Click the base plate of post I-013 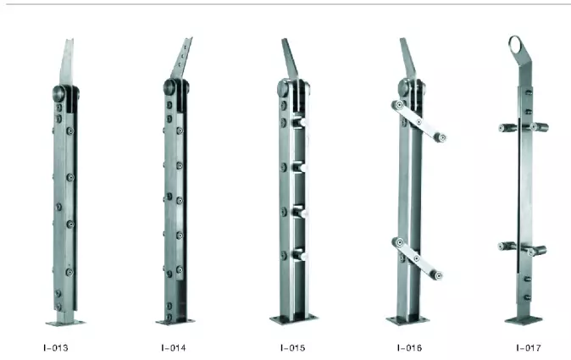tap(65, 322)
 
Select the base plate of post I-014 tap(175, 321)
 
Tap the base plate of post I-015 tap(294, 318)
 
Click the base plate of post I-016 tap(407, 320)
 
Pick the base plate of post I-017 tap(524, 320)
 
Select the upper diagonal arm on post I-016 tap(419, 121)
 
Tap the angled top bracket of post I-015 tap(290, 58)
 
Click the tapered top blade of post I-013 tap(67, 61)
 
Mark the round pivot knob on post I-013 tap(60, 92)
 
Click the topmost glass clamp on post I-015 tap(297, 123)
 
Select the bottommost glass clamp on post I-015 tap(297, 254)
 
